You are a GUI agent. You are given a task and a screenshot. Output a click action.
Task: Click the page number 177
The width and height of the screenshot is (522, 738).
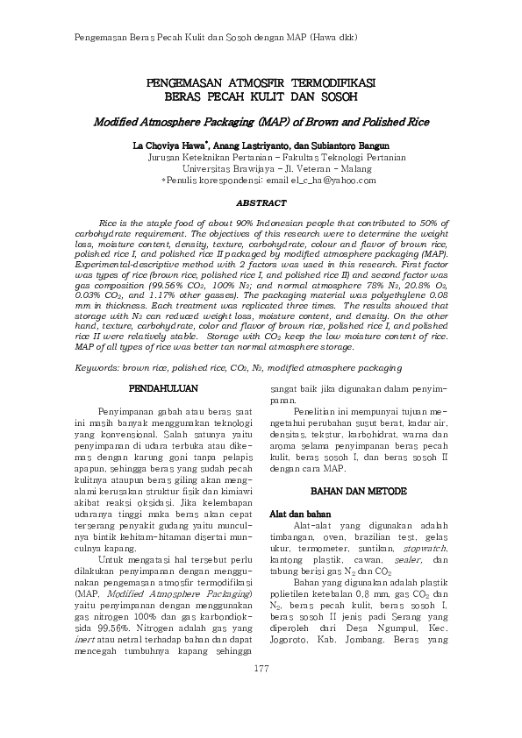coord(261,694)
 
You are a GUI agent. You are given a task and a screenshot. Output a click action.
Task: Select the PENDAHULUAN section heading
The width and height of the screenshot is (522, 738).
coord(162,387)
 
